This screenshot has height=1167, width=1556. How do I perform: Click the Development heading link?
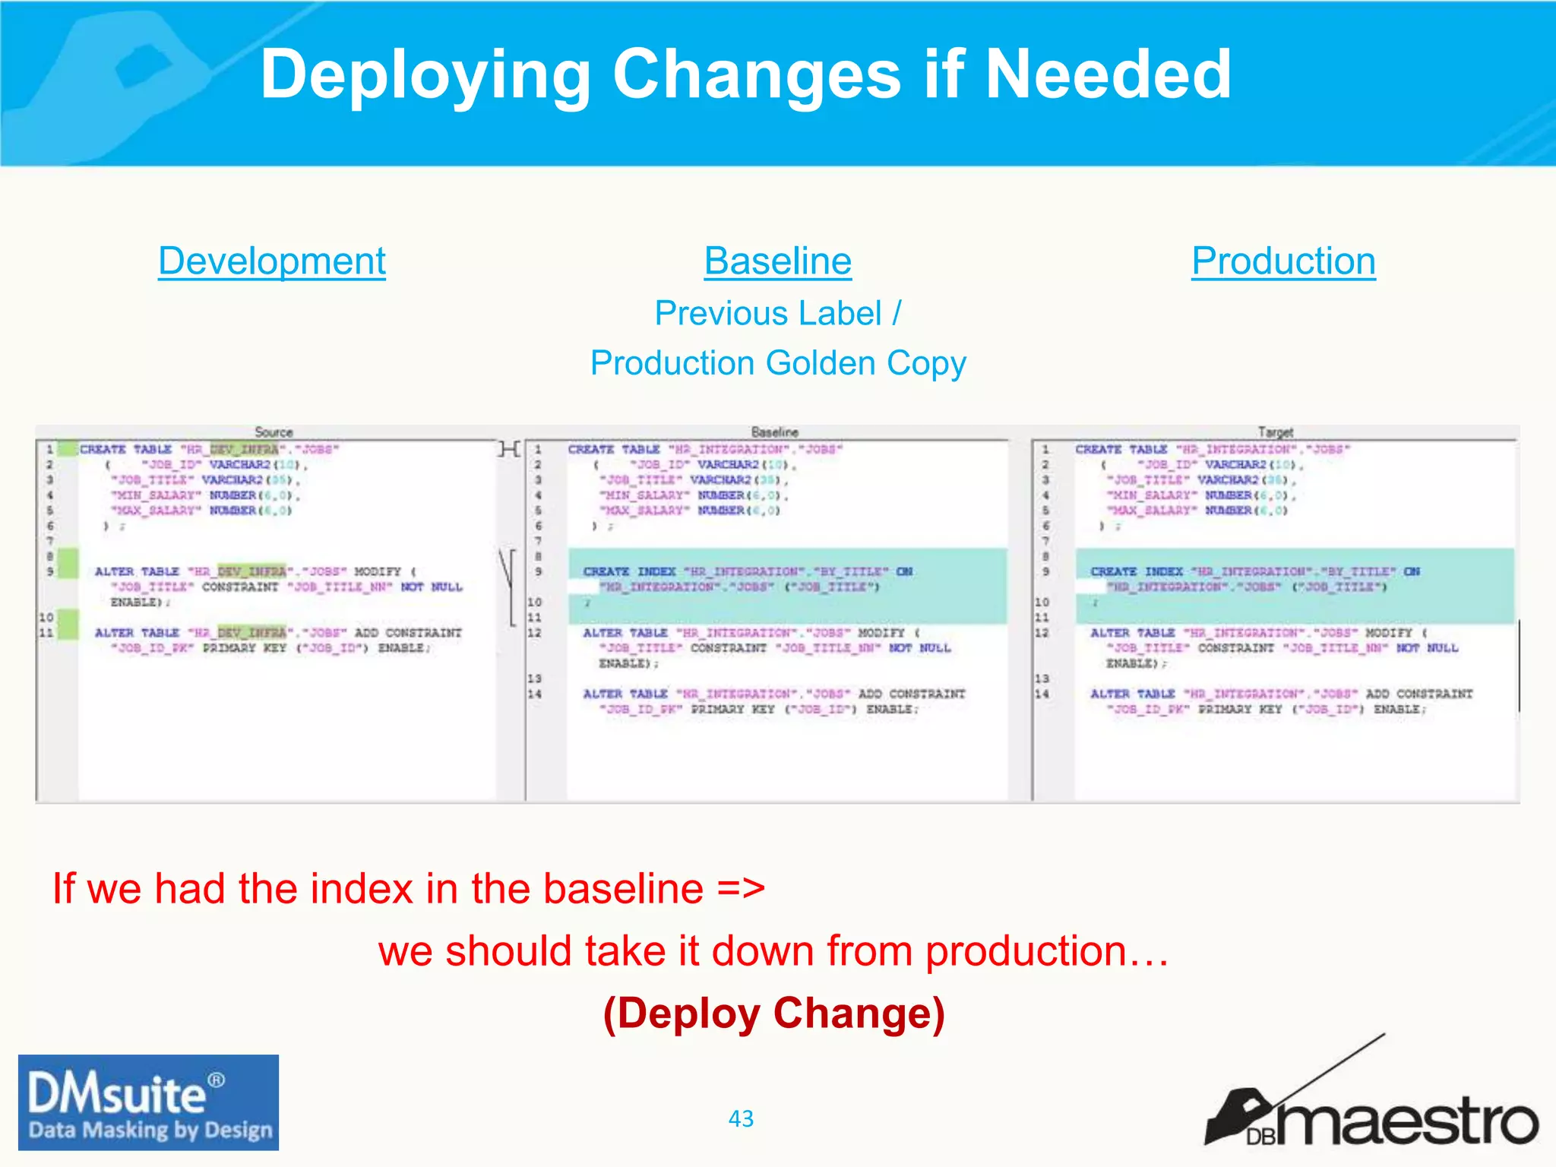(x=272, y=261)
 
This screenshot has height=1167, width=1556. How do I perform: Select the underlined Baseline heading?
(x=777, y=261)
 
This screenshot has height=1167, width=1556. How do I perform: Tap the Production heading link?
(x=1283, y=261)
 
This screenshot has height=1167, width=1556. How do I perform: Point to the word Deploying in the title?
(x=425, y=74)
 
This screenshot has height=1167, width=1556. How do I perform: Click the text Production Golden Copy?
(x=778, y=363)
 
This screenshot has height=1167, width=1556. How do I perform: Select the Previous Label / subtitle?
(x=778, y=313)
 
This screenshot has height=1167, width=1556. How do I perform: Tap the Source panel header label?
(x=274, y=432)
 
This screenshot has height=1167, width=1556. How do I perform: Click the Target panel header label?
(x=1275, y=432)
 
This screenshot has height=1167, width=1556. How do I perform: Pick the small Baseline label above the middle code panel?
(x=775, y=432)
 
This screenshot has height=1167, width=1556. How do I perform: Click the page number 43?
(x=741, y=1118)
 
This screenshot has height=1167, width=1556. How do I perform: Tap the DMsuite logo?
(x=149, y=1102)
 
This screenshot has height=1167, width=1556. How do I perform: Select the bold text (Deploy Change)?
(x=773, y=1014)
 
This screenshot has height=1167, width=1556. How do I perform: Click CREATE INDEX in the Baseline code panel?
(x=629, y=571)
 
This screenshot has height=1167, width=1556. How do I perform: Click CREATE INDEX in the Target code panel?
(x=1137, y=571)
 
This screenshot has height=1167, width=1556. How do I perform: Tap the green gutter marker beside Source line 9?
(x=68, y=564)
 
